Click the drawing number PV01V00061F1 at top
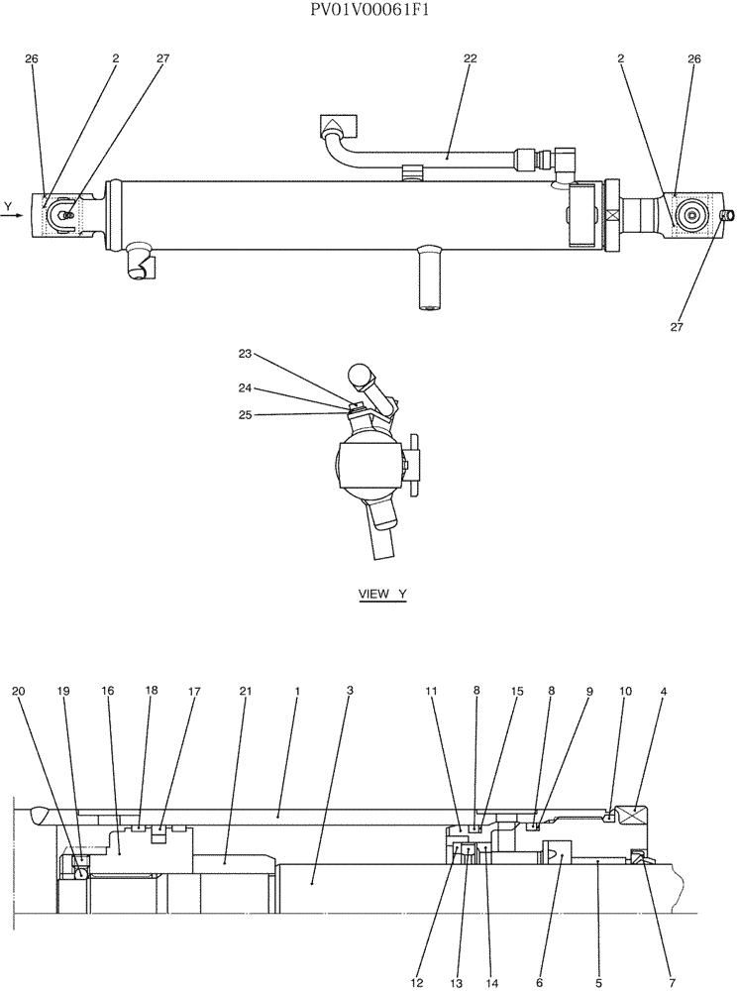tap(368, 11)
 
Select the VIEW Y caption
tap(382, 595)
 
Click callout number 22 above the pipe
tap(470, 58)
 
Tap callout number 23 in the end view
tap(246, 353)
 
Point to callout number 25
tap(246, 414)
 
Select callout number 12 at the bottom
tap(417, 955)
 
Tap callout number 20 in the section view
tap(19, 690)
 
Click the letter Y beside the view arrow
tap(8, 206)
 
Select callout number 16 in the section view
tap(107, 690)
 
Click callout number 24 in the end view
tap(246, 387)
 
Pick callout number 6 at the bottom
tap(540, 955)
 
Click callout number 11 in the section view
tap(431, 690)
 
